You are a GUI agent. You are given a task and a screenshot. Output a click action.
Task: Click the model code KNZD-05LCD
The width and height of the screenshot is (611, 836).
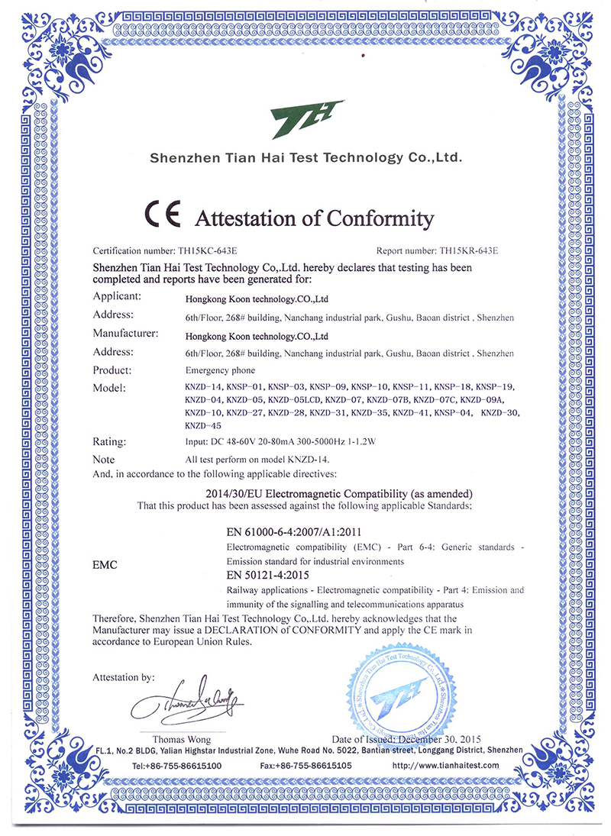[x=295, y=399]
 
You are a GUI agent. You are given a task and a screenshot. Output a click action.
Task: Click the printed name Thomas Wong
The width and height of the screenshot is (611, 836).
[x=182, y=740]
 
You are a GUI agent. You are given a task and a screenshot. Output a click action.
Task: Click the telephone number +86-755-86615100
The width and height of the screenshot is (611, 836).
[x=176, y=765]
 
